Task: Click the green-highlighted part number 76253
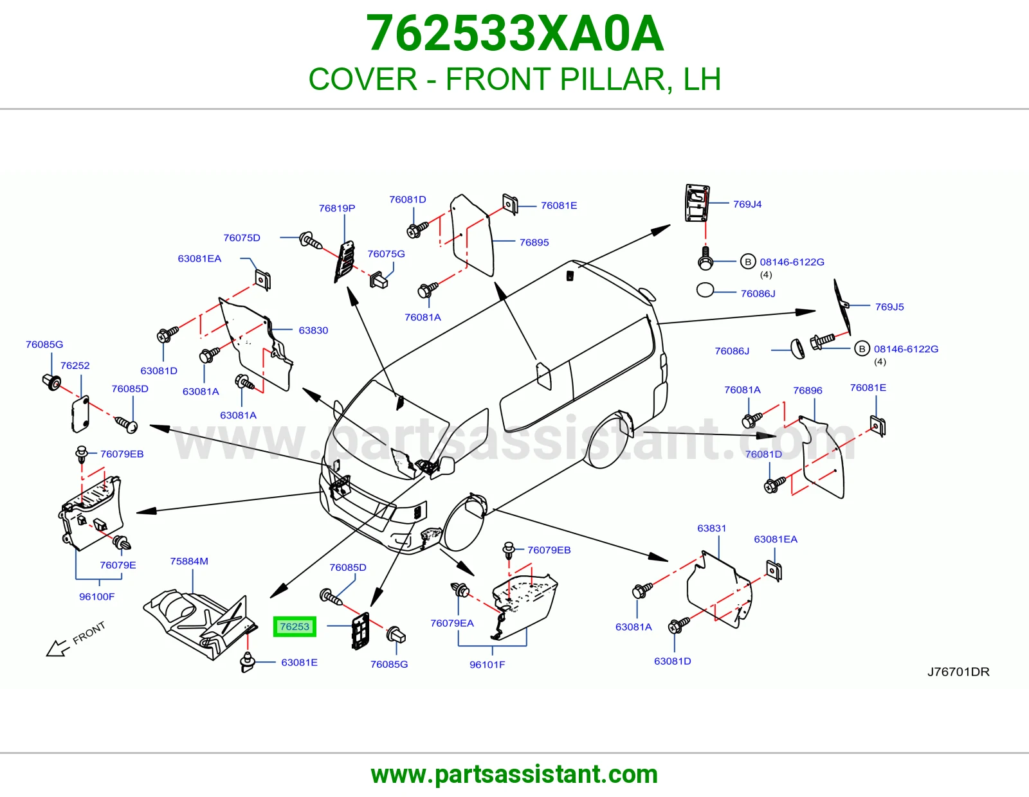pyautogui.click(x=294, y=627)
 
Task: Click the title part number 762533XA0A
pyautogui.click(x=514, y=33)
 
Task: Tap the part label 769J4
pyautogui.click(x=747, y=204)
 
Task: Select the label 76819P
pyautogui.click(x=337, y=208)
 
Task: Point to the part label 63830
pyautogui.click(x=313, y=330)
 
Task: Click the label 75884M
pyautogui.click(x=189, y=561)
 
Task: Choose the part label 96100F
pyautogui.click(x=96, y=597)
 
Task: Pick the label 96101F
pyautogui.click(x=487, y=665)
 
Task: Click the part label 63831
pyautogui.click(x=711, y=528)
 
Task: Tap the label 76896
pyautogui.click(x=807, y=390)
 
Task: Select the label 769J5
pyautogui.click(x=889, y=307)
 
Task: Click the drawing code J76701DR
pyautogui.click(x=958, y=672)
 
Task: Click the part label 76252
pyautogui.click(x=75, y=365)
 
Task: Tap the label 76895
pyautogui.click(x=534, y=242)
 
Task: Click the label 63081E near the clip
pyautogui.click(x=299, y=663)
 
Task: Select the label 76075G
pyautogui.click(x=386, y=254)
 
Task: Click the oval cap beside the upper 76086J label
pyautogui.click(x=705, y=290)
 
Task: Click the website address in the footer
pyautogui.click(x=514, y=775)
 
